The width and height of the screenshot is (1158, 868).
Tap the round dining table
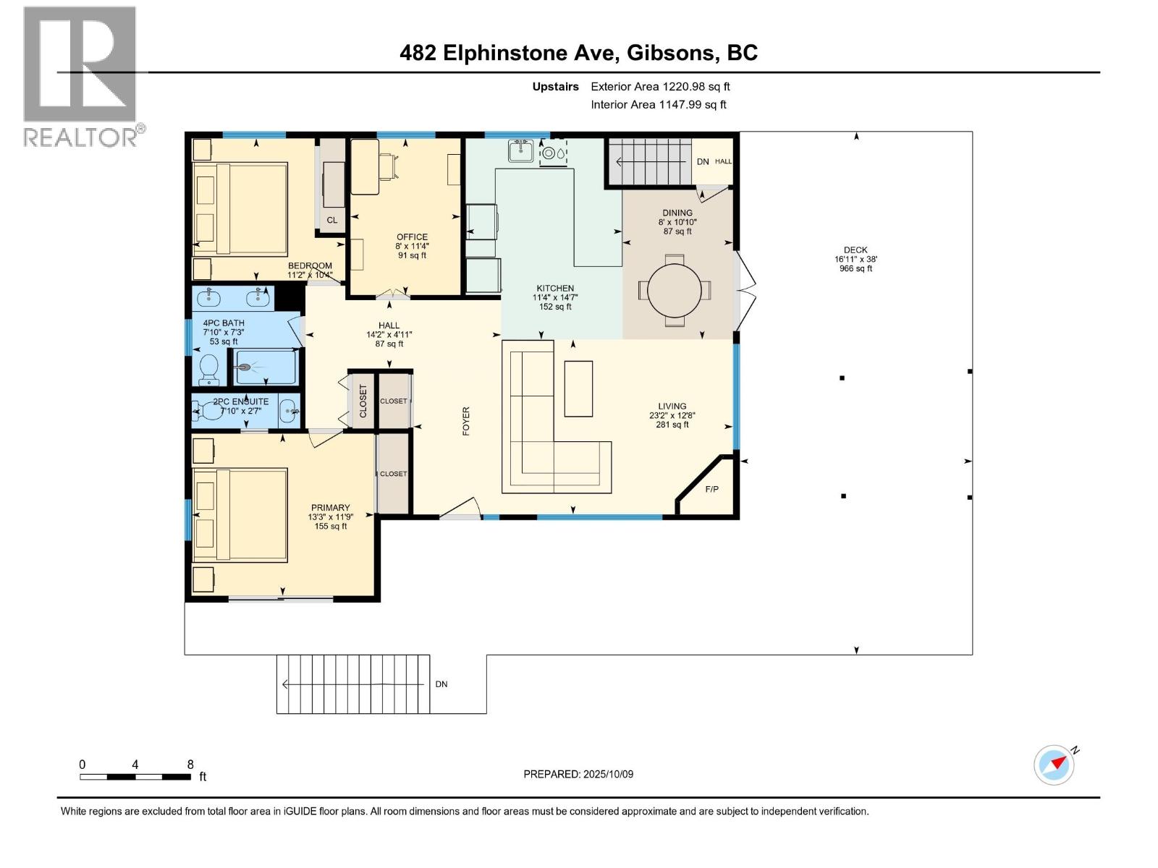(x=675, y=290)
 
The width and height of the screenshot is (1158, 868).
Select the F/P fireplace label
(x=711, y=489)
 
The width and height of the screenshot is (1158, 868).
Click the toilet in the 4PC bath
(x=209, y=369)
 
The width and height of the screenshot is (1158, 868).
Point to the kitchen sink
(x=521, y=150)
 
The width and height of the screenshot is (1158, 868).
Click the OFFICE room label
(x=412, y=237)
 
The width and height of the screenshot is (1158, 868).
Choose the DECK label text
(x=855, y=250)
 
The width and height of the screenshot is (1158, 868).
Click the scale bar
(x=135, y=777)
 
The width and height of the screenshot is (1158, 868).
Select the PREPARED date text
(x=578, y=774)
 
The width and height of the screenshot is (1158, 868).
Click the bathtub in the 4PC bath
(x=266, y=367)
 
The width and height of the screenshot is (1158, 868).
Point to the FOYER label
(x=466, y=421)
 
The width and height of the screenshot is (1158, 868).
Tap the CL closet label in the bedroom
(x=331, y=220)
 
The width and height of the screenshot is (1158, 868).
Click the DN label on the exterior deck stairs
(x=441, y=684)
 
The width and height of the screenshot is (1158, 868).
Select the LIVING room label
(x=672, y=407)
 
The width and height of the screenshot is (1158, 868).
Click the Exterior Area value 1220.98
(x=684, y=86)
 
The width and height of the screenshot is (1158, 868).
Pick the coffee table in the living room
(x=578, y=388)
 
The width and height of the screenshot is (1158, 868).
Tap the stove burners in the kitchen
(x=553, y=153)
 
